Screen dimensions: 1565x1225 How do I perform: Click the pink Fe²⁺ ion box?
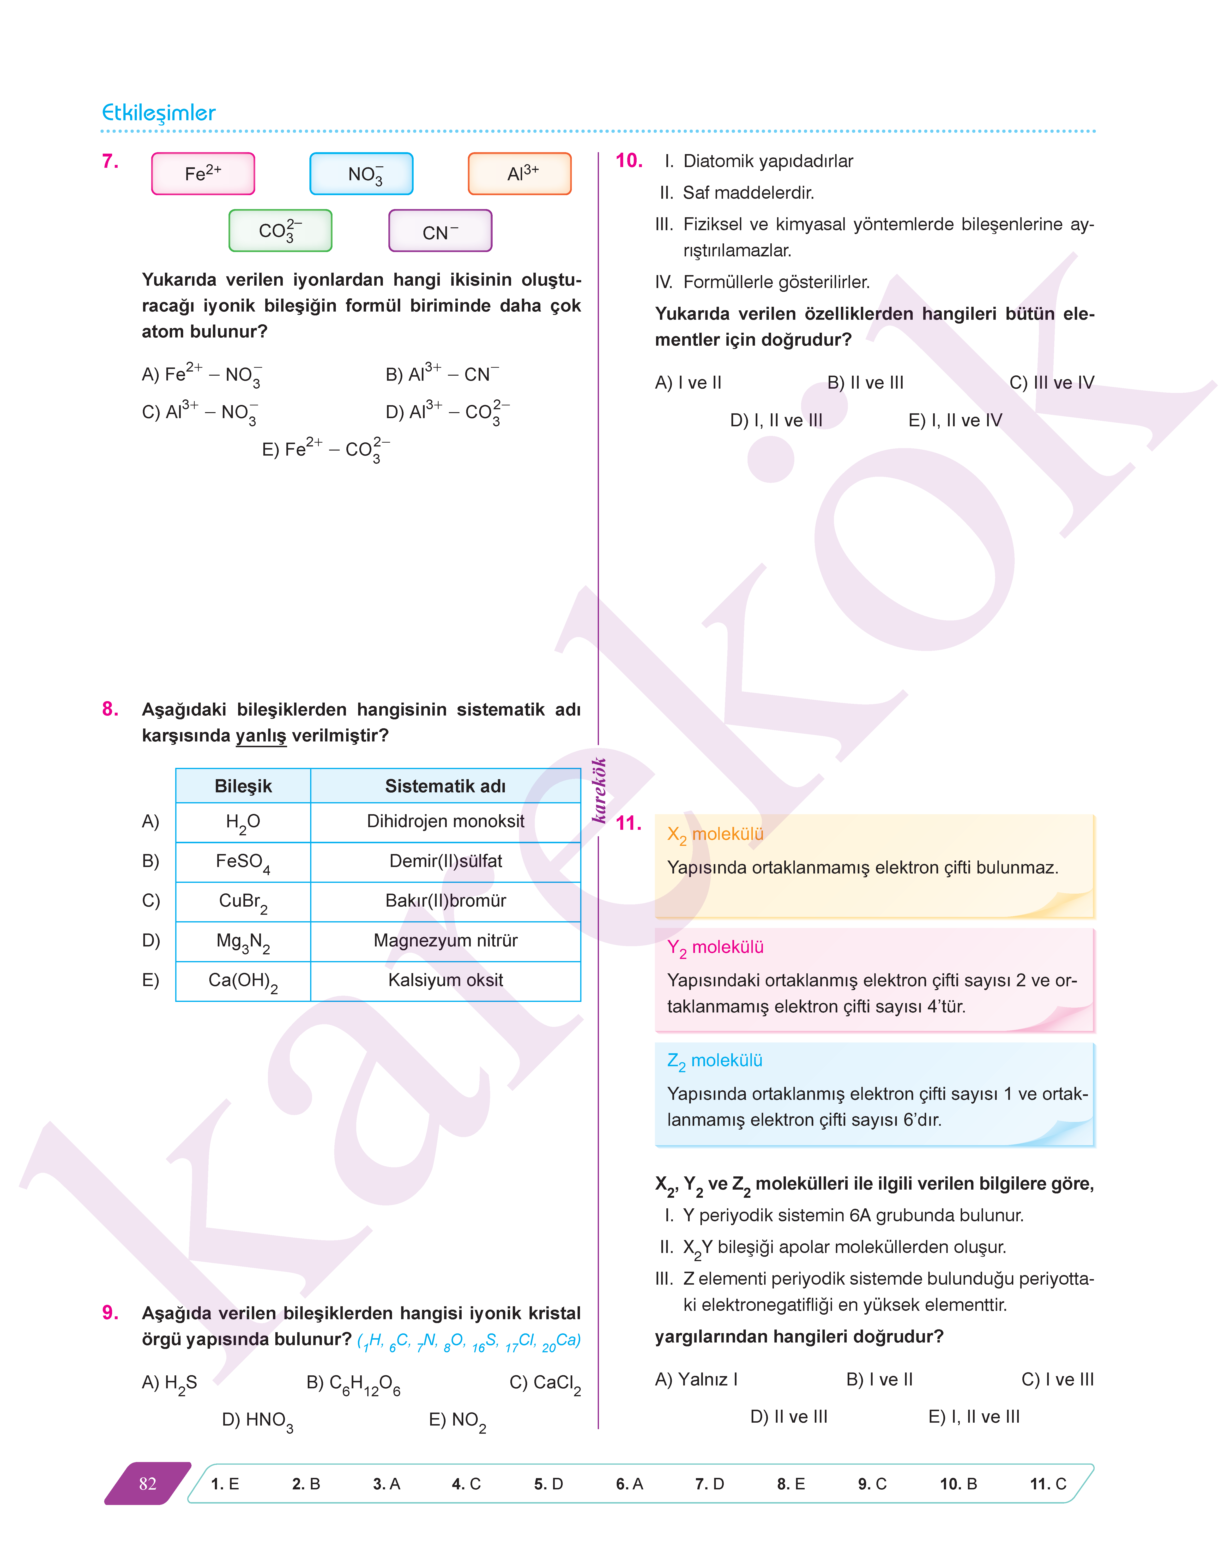tap(203, 174)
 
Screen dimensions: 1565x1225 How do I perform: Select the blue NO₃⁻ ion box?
tap(362, 174)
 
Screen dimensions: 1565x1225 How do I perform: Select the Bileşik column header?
tap(243, 786)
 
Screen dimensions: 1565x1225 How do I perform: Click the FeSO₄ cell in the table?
tap(243, 861)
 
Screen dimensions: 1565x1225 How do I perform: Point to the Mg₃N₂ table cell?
tap(243, 941)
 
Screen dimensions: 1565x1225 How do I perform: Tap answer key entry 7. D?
tap(709, 1484)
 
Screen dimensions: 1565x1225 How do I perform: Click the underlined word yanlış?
tap(261, 736)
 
